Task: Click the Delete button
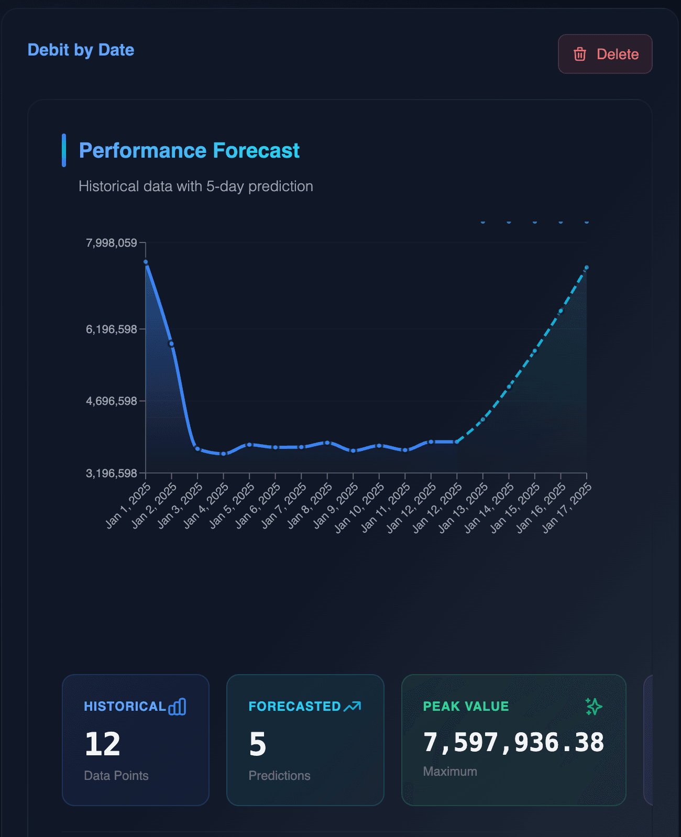coord(605,54)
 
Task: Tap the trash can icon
coord(580,54)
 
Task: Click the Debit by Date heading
coord(81,50)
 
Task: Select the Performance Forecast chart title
coord(189,150)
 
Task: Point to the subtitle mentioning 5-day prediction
coord(195,186)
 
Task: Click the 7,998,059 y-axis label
coord(112,243)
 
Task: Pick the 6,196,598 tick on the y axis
coord(112,329)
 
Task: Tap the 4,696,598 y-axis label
coord(112,401)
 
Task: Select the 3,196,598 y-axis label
coord(112,473)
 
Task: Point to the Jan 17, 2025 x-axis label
coord(567,508)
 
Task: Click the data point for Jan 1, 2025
coord(146,262)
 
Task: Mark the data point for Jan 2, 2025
coord(171,344)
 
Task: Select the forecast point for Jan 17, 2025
coord(587,268)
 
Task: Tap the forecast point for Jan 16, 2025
coord(561,311)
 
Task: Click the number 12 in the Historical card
coord(103,744)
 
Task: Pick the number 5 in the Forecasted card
coord(258,744)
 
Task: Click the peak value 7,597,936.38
coord(513,742)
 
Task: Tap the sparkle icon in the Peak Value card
coord(594,706)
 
